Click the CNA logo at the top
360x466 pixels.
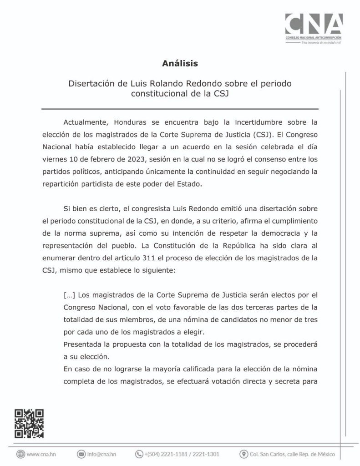pyautogui.click(x=314, y=27)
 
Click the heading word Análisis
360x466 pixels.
pyautogui.click(x=180, y=64)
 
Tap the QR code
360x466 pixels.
pyautogui.click(x=29, y=423)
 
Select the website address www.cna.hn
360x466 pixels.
pyautogui.click(x=41, y=454)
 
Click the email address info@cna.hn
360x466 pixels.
pyautogui.click(x=102, y=454)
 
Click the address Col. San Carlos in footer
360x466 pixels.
pyautogui.click(x=292, y=454)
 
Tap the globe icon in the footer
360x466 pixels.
pyautogui.click(x=20, y=454)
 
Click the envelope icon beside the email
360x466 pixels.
pyautogui.click(x=81, y=454)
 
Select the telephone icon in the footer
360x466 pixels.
pyautogui.click(x=139, y=454)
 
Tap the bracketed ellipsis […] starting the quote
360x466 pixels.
pyautogui.click(x=69, y=294)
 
